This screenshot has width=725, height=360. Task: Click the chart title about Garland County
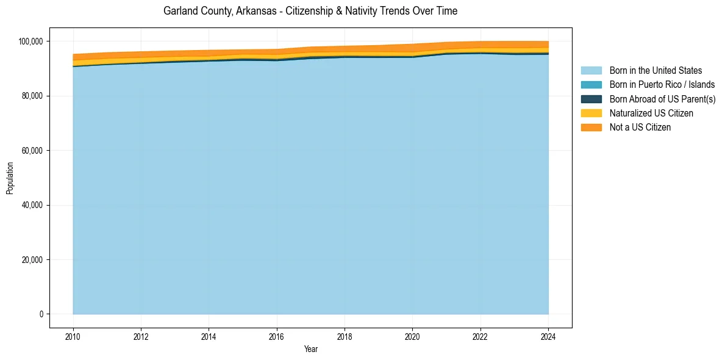click(x=310, y=11)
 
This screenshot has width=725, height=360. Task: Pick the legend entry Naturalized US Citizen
click(x=651, y=113)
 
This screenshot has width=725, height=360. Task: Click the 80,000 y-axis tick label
click(x=32, y=96)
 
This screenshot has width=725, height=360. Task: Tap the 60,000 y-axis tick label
click(x=32, y=151)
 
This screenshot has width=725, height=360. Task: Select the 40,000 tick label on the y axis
click(x=32, y=205)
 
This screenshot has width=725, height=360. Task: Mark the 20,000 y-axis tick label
click(x=32, y=260)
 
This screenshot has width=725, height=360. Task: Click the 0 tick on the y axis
click(x=41, y=314)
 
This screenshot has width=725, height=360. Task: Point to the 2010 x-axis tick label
click(x=73, y=336)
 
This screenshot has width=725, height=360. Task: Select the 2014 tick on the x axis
click(x=209, y=336)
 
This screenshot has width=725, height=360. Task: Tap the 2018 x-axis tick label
click(x=345, y=336)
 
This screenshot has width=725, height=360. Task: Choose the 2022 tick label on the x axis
click(x=480, y=336)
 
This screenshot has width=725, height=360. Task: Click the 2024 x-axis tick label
click(x=548, y=336)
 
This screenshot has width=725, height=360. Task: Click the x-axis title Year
click(x=310, y=350)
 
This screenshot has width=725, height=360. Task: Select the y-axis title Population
click(x=10, y=178)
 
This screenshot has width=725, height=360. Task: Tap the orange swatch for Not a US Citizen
click(x=591, y=127)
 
